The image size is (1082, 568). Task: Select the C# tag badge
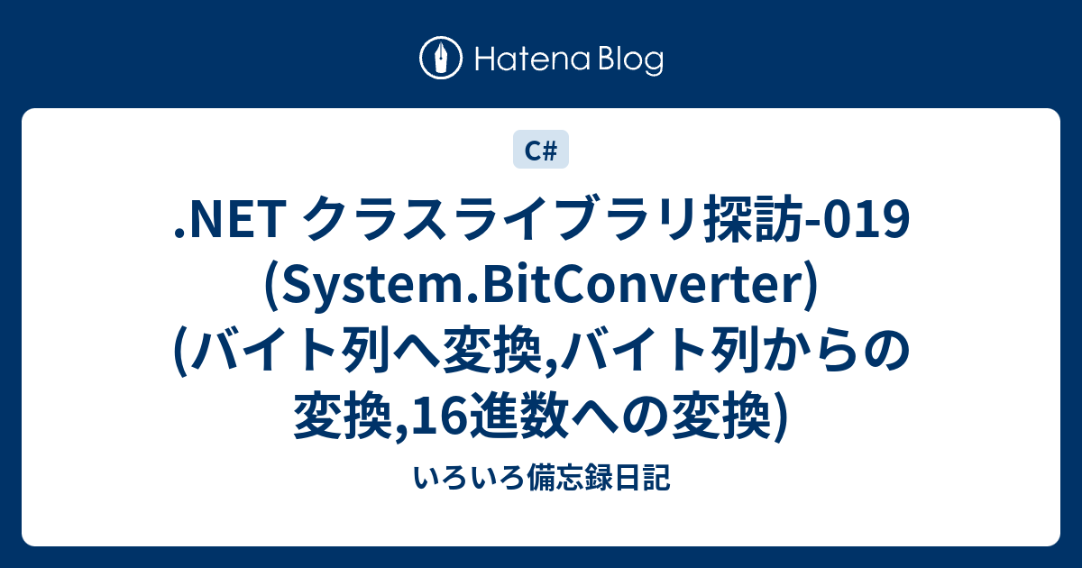coord(541,150)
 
